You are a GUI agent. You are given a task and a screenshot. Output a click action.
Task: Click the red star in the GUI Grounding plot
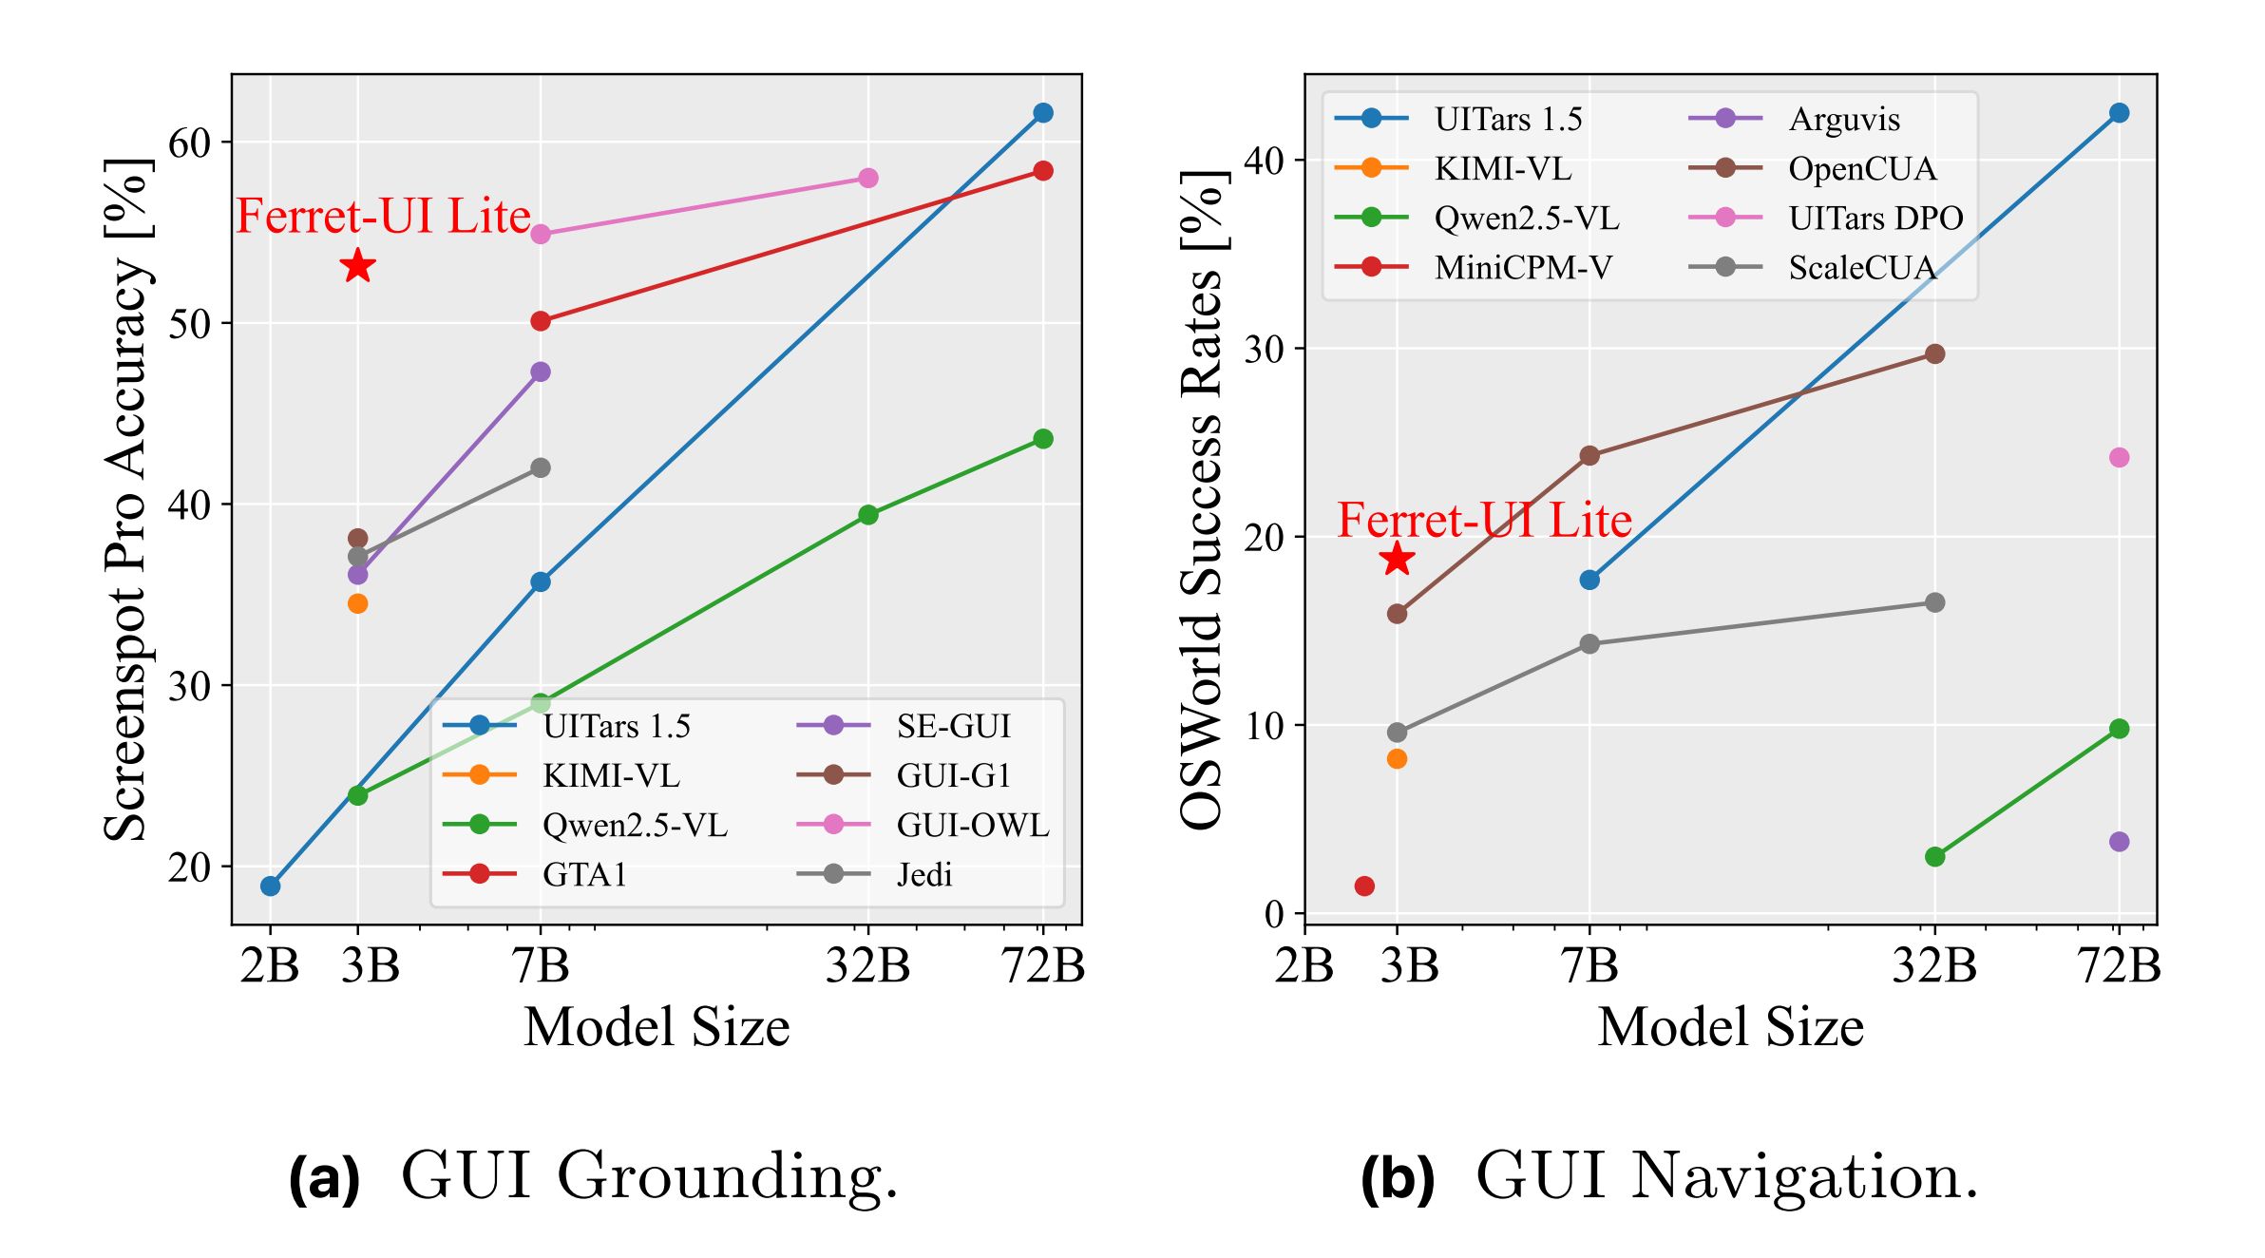[x=357, y=266]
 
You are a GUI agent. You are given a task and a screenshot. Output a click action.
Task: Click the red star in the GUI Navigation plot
[x=1397, y=559]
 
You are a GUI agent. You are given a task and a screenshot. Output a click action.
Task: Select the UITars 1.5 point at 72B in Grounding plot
[x=1043, y=113]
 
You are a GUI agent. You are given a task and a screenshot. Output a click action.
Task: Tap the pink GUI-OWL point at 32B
[x=867, y=178]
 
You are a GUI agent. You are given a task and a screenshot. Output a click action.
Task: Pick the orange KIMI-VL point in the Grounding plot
[x=357, y=603]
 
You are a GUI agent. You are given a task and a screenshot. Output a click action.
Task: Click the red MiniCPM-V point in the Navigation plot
[x=1364, y=886]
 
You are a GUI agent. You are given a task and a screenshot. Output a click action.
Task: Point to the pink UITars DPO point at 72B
[x=2119, y=457]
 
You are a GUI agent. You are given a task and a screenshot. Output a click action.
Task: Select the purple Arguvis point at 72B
[x=2119, y=842]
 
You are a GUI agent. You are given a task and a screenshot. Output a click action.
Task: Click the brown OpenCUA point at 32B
[x=1934, y=353]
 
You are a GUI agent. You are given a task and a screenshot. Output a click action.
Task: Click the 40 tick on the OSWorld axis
[x=1264, y=160]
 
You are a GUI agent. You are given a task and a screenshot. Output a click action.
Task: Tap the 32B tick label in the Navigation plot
[x=1934, y=965]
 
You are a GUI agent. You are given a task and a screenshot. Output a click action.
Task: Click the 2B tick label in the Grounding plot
[x=270, y=965]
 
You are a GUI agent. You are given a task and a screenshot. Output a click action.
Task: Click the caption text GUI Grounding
[x=649, y=1175]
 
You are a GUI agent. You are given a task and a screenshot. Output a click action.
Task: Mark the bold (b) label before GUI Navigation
[x=1397, y=1178]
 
